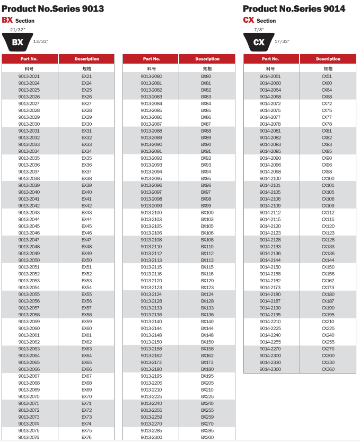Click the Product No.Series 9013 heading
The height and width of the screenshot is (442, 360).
52,8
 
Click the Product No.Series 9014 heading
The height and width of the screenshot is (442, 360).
294,8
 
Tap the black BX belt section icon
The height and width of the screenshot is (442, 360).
17,42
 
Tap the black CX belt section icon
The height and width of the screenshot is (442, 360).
259,42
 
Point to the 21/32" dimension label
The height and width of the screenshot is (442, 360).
17,30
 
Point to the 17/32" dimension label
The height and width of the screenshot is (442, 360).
282,41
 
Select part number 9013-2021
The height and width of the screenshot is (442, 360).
29,76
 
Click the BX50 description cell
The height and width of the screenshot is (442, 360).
86,260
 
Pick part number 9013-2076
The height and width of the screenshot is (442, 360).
29,437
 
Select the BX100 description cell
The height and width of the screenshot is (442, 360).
207,212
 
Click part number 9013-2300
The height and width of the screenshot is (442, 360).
152,437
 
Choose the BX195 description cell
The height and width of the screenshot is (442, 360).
207,376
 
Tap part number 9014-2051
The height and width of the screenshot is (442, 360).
270,76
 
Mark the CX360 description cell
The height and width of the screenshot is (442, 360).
328,369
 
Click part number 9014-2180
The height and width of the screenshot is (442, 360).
270,294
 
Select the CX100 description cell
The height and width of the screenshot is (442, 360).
328,178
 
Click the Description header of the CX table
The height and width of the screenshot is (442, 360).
328,59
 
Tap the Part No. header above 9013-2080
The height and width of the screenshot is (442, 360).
151,59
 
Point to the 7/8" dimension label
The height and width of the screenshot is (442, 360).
259,30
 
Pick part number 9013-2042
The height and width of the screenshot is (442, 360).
29,206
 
